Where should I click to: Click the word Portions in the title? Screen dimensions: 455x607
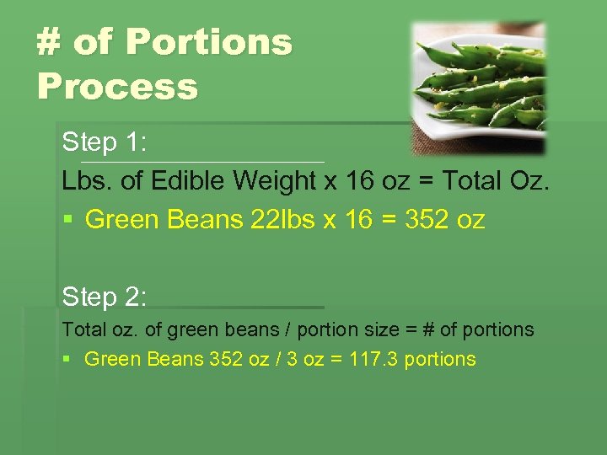pos(183,42)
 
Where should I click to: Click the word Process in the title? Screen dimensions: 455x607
pos(117,86)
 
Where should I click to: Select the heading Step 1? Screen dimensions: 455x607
pos(105,142)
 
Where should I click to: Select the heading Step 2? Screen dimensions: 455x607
pos(105,297)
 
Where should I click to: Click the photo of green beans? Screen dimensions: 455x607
pos(478,87)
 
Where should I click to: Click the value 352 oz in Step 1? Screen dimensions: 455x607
pos(445,220)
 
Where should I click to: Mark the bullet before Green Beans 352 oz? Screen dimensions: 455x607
pos(67,360)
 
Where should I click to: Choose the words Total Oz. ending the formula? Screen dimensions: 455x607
pos(498,181)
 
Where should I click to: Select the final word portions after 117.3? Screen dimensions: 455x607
pos(440,359)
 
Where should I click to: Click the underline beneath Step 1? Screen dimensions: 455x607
pos(202,161)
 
